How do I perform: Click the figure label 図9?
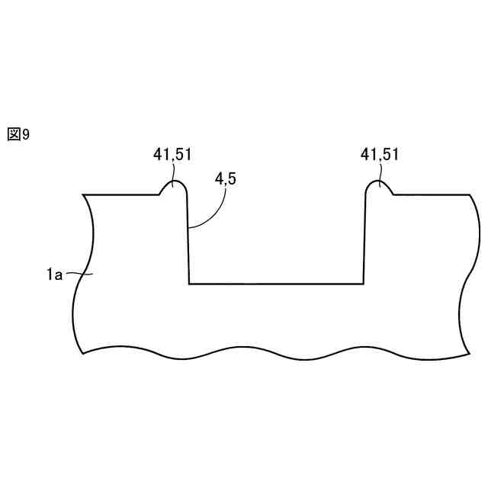pyautogui.click(x=18, y=134)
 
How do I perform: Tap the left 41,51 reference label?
pyautogui.click(x=172, y=154)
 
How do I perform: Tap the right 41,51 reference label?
pyautogui.click(x=380, y=154)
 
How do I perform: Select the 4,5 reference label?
pyautogui.click(x=226, y=178)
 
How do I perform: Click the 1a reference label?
pyautogui.click(x=54, y=274)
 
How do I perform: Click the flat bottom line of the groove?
pyautogui.click(x=276, y=284)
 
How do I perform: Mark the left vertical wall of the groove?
pyautogui.click(x=188, y=239)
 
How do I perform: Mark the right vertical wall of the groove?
pyautogui.click(x=364, y=239)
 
